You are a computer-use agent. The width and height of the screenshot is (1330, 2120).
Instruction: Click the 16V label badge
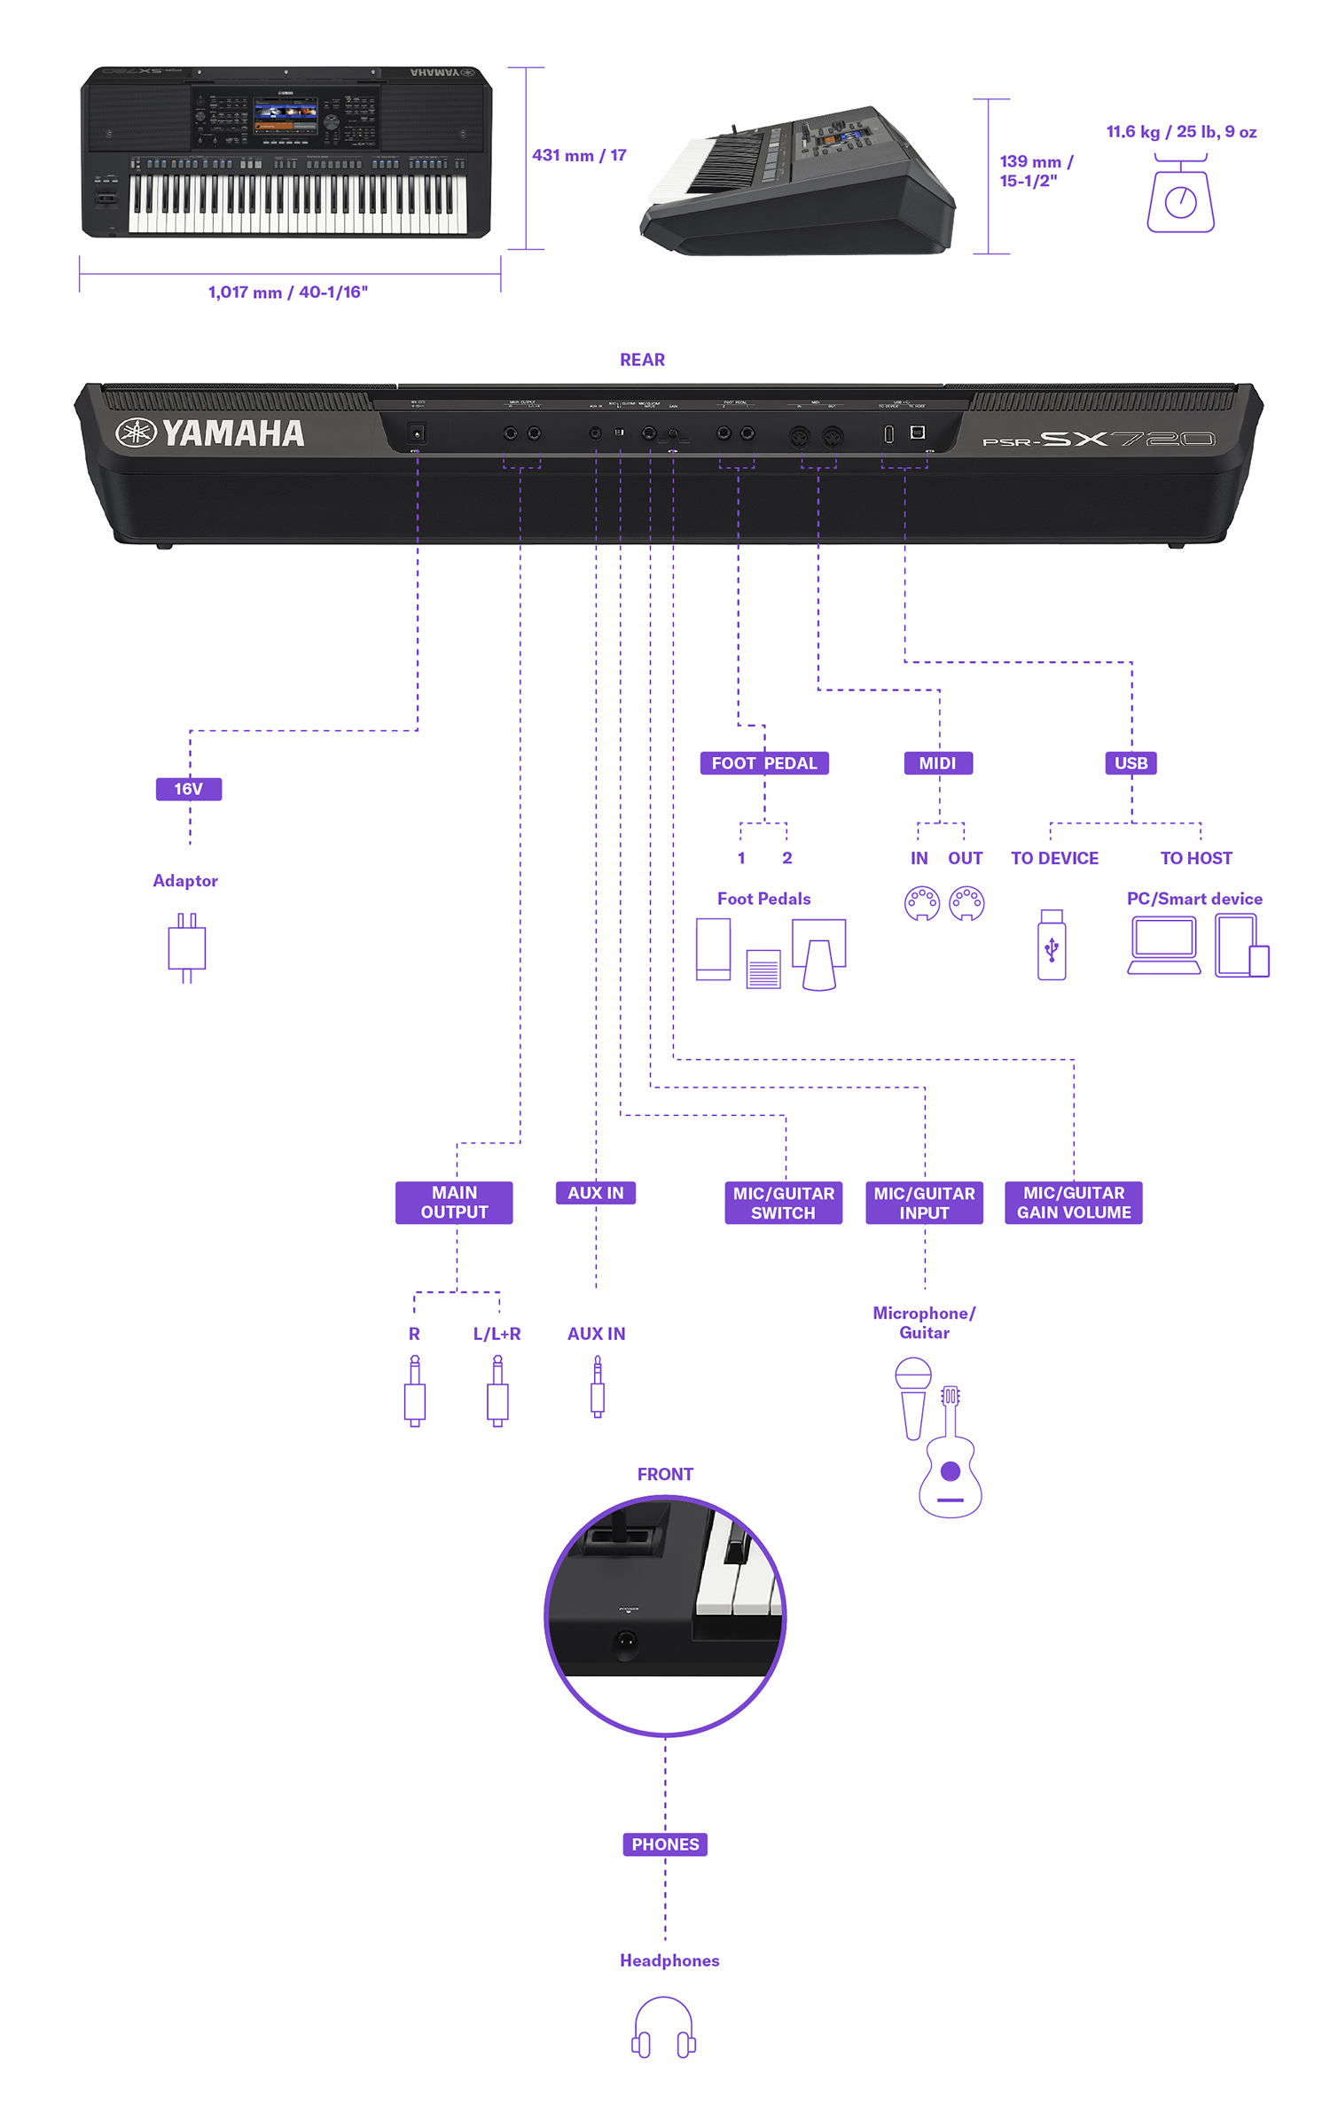[188, 789]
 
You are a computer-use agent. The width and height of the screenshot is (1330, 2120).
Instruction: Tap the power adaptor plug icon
[186, 947]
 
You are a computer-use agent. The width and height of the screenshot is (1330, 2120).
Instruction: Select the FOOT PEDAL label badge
[763, 763]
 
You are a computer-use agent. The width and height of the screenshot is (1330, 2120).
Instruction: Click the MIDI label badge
[937, 763]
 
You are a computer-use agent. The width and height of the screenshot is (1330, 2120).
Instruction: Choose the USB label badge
[1130, 763]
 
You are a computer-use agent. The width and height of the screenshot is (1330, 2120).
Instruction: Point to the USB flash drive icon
[1052, 945]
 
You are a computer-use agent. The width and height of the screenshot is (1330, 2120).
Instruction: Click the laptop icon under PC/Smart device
[1163, 945]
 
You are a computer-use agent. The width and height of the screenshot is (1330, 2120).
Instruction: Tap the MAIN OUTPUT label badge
[454, 1203]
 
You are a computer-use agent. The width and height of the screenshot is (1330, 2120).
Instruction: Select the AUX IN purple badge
[595, 1193]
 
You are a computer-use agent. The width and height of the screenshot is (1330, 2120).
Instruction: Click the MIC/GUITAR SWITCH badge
[783, 1203]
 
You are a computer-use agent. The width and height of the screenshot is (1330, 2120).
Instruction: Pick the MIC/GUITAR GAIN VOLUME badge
[1073, 1203]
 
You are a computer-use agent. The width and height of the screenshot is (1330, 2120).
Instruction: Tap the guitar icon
[951, 1458]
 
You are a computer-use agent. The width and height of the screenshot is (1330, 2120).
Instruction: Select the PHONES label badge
[665, 1844]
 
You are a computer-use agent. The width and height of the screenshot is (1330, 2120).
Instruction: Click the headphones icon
[663, 2027]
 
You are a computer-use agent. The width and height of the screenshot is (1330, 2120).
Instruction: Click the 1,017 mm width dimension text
[288, 292]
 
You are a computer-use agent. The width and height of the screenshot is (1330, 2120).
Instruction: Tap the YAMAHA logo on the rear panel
[211, 433]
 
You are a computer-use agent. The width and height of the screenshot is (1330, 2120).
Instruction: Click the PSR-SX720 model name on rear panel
[1099, 439]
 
